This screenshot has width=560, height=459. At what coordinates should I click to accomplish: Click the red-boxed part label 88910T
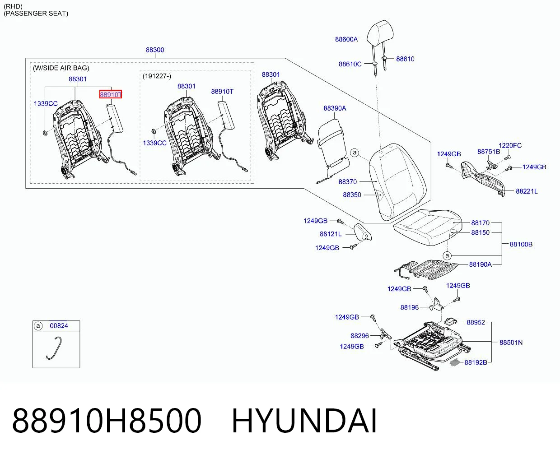111,94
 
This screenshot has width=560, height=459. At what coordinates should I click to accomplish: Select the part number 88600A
346,39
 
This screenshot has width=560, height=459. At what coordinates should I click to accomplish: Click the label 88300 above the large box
155,50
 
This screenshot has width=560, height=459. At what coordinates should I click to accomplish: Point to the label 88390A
335,108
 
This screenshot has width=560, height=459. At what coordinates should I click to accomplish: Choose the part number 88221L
527,191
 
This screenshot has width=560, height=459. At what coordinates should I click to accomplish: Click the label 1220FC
510,145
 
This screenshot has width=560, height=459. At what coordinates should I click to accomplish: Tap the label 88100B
521,244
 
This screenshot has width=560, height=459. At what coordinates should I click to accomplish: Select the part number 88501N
511,342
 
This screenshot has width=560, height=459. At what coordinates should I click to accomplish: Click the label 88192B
476,362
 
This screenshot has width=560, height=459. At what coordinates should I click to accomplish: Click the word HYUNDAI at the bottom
304,421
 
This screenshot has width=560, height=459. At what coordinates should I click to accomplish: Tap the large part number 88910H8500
107,421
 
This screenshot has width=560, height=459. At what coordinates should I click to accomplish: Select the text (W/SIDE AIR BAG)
61,68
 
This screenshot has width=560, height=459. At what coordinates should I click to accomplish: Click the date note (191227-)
157,76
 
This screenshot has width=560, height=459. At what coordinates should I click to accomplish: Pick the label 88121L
331,234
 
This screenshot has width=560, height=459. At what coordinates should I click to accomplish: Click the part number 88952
476,322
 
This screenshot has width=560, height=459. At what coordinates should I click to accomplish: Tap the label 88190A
481,264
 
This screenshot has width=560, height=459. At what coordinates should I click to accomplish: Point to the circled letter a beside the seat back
355,153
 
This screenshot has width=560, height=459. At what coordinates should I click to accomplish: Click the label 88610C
350,64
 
